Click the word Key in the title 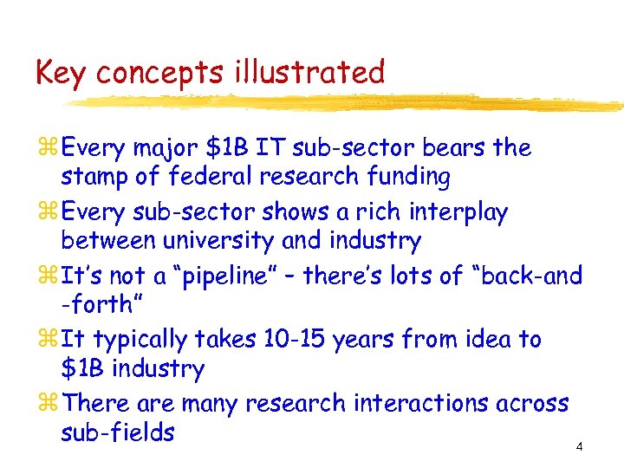click(x=62, y=73)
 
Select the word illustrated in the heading click(x=309, y=73)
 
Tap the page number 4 click(x=579, y=447)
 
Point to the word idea click(x=486, y=340)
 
